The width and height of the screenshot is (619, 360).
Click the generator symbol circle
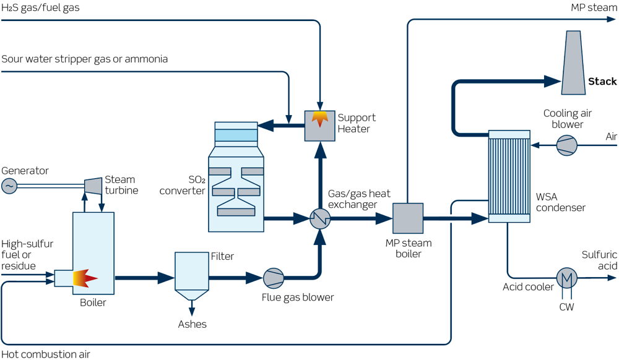9,186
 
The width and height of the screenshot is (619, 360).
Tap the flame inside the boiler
85,278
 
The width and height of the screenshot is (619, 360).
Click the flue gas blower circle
272,278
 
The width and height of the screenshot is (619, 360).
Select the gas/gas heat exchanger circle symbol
320,218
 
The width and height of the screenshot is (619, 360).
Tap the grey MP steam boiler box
408,218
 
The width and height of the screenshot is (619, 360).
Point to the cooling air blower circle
566,145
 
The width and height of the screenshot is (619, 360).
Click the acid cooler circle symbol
566,278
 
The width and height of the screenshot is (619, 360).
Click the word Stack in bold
602,82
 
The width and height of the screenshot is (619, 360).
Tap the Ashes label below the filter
192,324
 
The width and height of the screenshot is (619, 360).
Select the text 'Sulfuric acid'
599,260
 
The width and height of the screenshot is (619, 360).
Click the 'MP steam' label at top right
594,7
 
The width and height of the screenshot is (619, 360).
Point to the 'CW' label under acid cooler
566,306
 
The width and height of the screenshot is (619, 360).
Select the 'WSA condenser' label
560,202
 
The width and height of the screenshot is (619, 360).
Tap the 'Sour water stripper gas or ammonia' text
84,59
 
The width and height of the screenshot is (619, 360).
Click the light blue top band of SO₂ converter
235,135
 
